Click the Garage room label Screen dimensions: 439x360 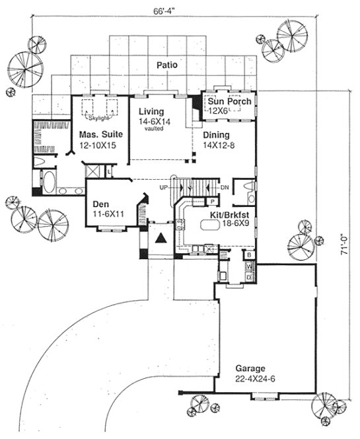[249, 368]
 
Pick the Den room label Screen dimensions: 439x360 [104, 204]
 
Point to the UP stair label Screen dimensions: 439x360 [164, 188]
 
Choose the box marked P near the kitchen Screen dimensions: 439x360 [213, 201]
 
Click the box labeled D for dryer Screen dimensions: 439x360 [249, 277]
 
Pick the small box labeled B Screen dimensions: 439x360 [249, 254]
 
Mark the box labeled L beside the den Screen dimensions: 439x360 [109, 172]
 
